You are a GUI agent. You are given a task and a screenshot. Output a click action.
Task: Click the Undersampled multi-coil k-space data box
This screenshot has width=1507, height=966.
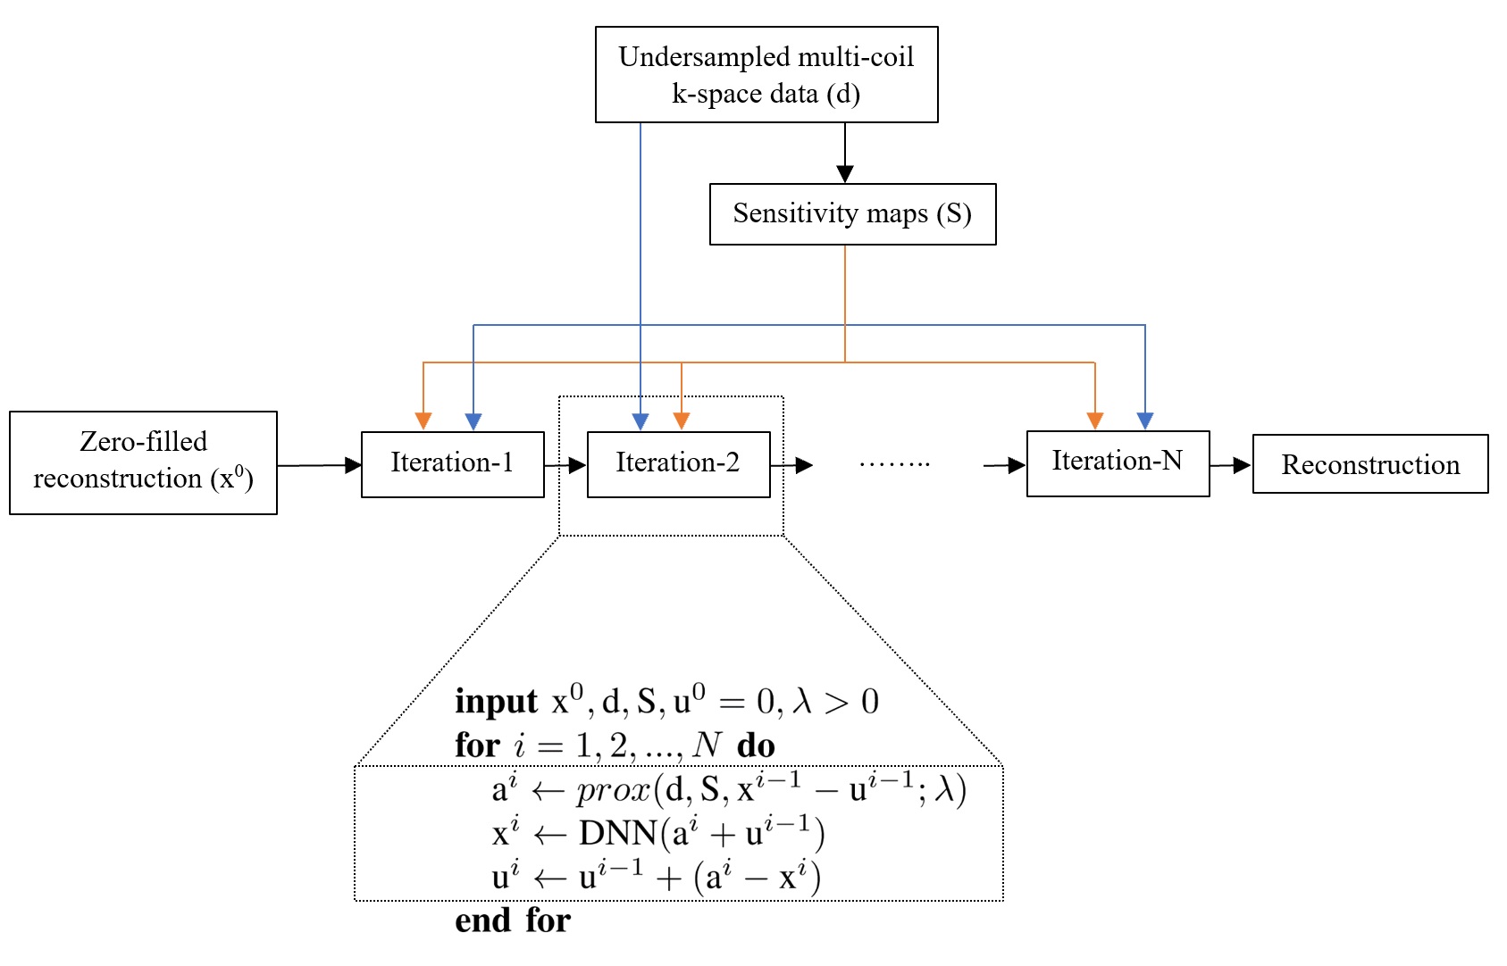pyautogui.click(x=766, y=75)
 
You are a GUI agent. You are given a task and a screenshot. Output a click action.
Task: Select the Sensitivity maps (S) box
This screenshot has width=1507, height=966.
pyautogui.click(x=852, y=214)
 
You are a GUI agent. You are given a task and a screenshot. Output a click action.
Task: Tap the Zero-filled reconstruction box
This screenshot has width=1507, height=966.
pyautogui.click(x=143, y=462)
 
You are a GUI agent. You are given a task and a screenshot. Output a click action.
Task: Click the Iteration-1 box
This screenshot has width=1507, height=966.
pyautogui.click(x=452, y=464)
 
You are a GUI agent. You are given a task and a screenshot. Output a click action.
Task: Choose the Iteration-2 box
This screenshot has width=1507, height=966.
pyautogui.click(x=678, y=464)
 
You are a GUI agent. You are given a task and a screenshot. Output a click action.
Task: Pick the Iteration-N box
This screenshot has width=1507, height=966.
pyautogui.click(x=1118, y=463)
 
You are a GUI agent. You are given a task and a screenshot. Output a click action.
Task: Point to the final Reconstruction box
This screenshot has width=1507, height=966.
pyautogui.click(x=1370, y=464)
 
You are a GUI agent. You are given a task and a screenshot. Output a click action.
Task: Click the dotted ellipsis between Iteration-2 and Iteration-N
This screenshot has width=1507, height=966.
pyautogui.click(x=894, y=464)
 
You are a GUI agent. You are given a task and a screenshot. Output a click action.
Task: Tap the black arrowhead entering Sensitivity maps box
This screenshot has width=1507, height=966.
pyautogui.click(x=845, y=174)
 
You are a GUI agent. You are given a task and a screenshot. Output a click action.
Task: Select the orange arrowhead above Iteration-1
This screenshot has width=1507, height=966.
pyautogui.click(x=423, y=421)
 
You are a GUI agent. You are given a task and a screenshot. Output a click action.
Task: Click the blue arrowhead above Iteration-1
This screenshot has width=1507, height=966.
pyautogui.click(x=473, y=421)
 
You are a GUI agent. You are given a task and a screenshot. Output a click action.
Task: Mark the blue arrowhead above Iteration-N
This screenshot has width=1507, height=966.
pyautogui.click(x=1145, y=421)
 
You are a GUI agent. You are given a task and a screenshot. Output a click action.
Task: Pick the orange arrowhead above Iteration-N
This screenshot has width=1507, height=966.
pyautogui.click(x=1095, y=421)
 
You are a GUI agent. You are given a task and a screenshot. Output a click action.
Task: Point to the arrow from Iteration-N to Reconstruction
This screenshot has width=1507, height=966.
pyautogui.click(x=1231, y=465)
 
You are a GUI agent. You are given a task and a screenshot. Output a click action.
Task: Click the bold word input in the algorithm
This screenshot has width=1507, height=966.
pyautogui.click(x=496, y=702)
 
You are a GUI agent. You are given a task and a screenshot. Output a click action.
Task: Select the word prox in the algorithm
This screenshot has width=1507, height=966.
pyautogui.click(x=613, y=790)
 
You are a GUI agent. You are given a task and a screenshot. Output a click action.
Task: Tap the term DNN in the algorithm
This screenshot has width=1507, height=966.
pyautogui.click(x=618, y=834)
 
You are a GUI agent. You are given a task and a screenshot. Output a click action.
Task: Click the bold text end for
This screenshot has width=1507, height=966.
pyautogui.click(x=513, y=920)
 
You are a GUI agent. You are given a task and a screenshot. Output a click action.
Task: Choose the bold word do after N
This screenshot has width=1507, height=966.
pyautogui.click(x=756, y=745)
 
